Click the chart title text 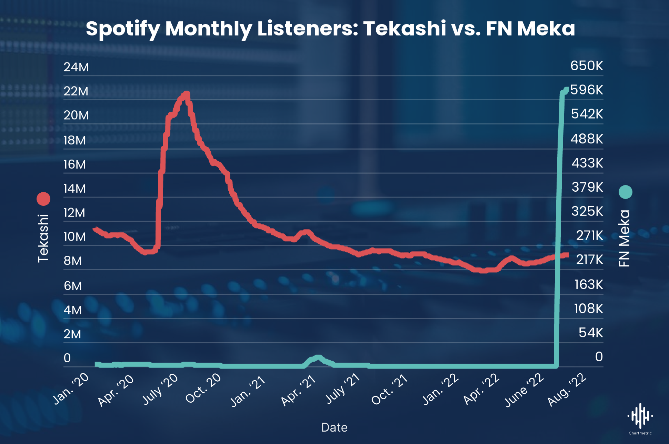330,28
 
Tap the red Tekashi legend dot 43,199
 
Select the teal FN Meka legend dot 625,192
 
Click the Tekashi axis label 43,239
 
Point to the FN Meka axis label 625,238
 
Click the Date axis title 334,427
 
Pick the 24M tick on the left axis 76,67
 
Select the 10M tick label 75,237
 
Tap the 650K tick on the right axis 587,65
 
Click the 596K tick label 587,90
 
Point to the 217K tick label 589,259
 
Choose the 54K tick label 591,333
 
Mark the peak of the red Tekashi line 187,93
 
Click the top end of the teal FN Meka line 566,90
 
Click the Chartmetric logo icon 640,416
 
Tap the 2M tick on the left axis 72,334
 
